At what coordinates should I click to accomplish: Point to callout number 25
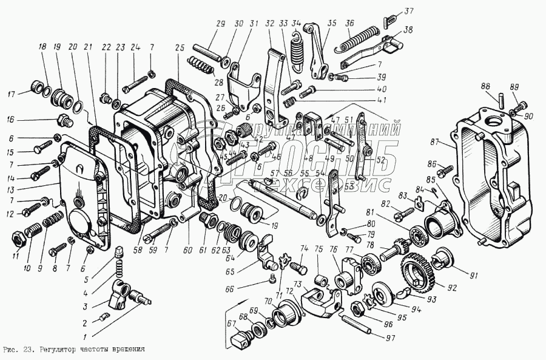[179, 47]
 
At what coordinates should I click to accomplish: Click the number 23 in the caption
[30, 350]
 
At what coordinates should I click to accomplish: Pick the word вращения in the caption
[126, 350]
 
